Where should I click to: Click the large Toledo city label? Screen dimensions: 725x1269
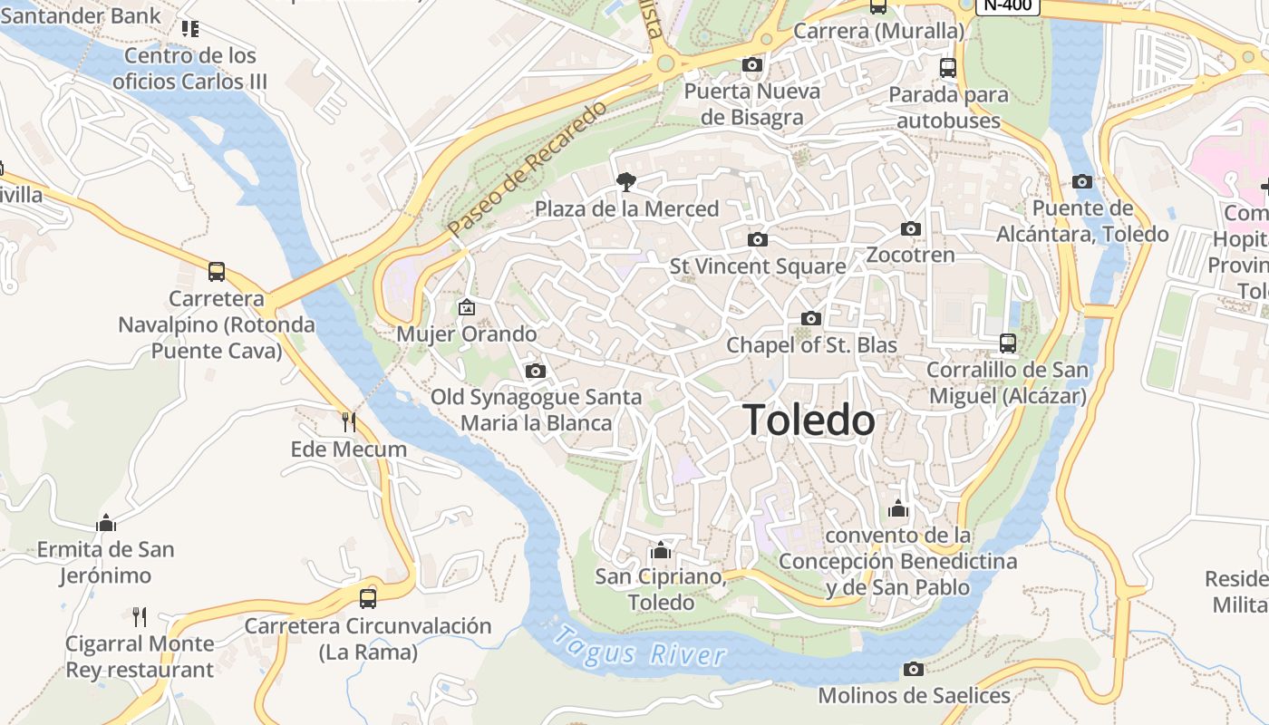809,420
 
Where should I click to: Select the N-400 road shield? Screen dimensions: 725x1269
1007,5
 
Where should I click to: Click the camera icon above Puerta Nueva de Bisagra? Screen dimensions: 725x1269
751,64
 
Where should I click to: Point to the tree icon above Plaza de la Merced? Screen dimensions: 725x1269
625,182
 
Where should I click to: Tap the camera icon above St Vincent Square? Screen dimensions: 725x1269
758,239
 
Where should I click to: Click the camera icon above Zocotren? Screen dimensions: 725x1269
911,228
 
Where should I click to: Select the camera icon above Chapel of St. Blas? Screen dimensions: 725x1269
811,318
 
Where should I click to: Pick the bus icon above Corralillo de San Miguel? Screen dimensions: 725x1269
1008,343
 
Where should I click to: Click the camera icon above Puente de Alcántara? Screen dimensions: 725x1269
1081,181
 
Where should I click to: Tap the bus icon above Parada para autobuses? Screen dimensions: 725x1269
948,68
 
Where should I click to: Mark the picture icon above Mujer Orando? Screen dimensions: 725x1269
467,308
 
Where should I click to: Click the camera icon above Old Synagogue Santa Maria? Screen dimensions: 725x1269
536,371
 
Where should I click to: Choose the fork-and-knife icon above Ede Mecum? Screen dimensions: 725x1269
348,422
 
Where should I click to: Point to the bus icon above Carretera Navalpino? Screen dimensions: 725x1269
217,272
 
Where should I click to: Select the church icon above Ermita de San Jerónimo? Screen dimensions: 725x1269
106,523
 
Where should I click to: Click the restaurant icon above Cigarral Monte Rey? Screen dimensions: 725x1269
140,617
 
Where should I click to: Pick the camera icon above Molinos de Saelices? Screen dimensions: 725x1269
914,669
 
